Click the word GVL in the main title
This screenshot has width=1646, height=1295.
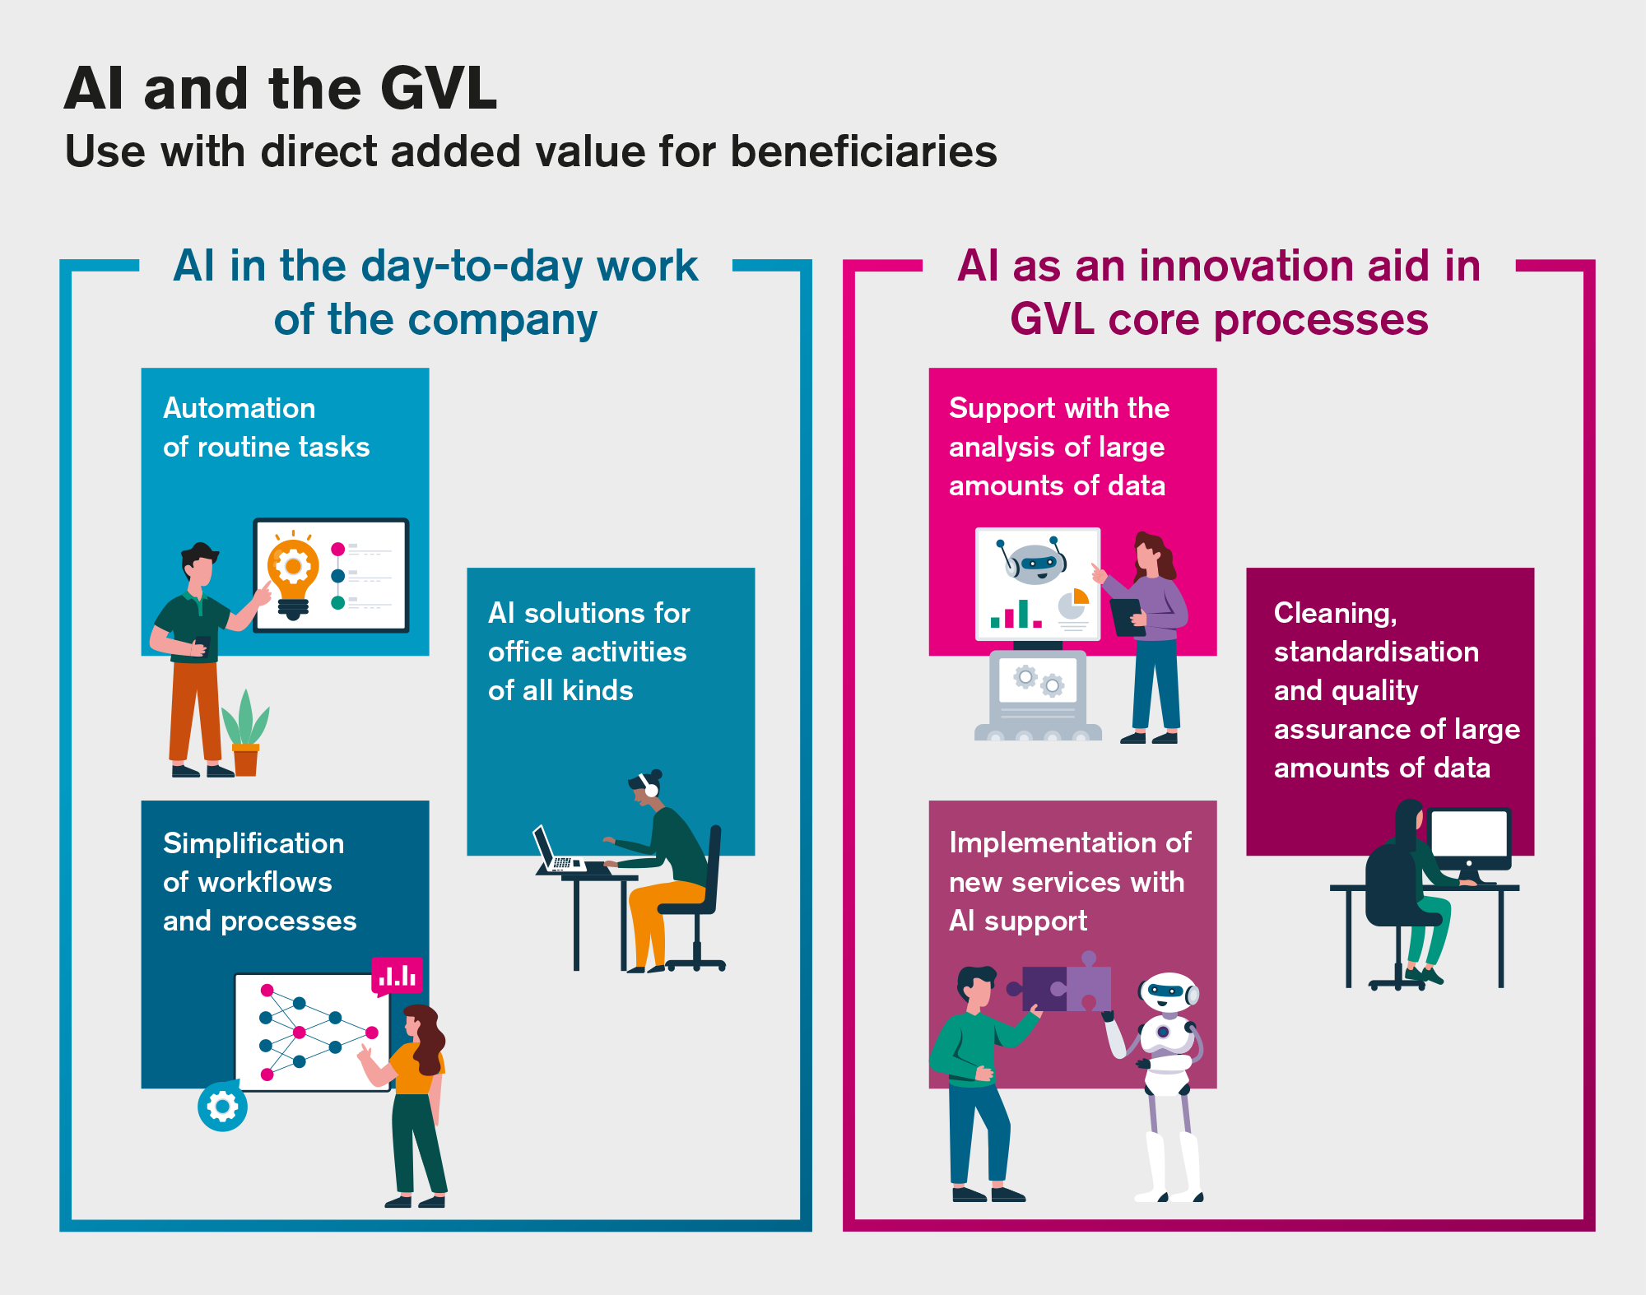[439, 89]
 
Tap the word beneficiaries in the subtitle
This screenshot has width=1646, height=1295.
[863, 152]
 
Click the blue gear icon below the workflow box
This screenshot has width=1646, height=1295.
[222, 1107]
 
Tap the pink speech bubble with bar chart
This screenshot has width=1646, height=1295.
[398, 976]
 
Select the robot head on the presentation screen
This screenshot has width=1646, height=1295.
[1035, 561]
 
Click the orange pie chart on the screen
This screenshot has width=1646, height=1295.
[1080, 596]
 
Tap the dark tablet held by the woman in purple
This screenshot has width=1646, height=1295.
[1127, 616]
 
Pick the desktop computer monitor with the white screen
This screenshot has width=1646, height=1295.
[1469, 836]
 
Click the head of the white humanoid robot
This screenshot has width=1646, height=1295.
[1168, 992]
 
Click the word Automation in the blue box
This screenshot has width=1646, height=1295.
[239, 408]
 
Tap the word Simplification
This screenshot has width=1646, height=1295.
[253, 843]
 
